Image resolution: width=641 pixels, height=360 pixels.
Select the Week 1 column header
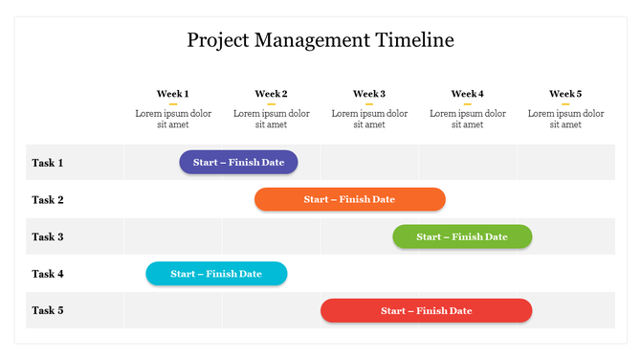[x=173, y=94]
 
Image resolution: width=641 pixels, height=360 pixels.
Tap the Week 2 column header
[x=271, y=94]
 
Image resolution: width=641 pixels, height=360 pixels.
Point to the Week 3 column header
[x=369, y=94]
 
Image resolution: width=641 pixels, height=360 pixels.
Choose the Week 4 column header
[x=467, y=94]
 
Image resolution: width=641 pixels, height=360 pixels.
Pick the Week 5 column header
[x=565, y=94]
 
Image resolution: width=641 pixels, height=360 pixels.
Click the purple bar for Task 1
[x=238, y=163]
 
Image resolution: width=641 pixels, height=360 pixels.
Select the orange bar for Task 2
[x=349, y=199]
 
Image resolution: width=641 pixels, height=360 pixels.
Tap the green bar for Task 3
[x=462, y=236]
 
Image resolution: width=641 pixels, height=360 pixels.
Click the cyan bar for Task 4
[x=216, y=274]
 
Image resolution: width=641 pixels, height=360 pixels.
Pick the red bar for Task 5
[x=426, y=310]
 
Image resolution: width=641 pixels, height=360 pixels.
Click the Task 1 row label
[x=48, y=163]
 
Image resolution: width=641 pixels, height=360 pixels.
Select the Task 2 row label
[x=48, y=200]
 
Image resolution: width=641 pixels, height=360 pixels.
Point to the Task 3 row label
[x=48, y=236]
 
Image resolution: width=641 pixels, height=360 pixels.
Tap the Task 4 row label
[x=48, y=274]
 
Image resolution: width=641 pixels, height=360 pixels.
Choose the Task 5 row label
[x=48, y=310]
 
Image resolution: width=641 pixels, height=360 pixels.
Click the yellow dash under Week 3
[x=369, y=103]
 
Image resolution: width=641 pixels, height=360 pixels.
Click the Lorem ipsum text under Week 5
[x=565, y=119]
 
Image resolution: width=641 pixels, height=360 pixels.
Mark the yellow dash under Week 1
[x=173, y=103]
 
